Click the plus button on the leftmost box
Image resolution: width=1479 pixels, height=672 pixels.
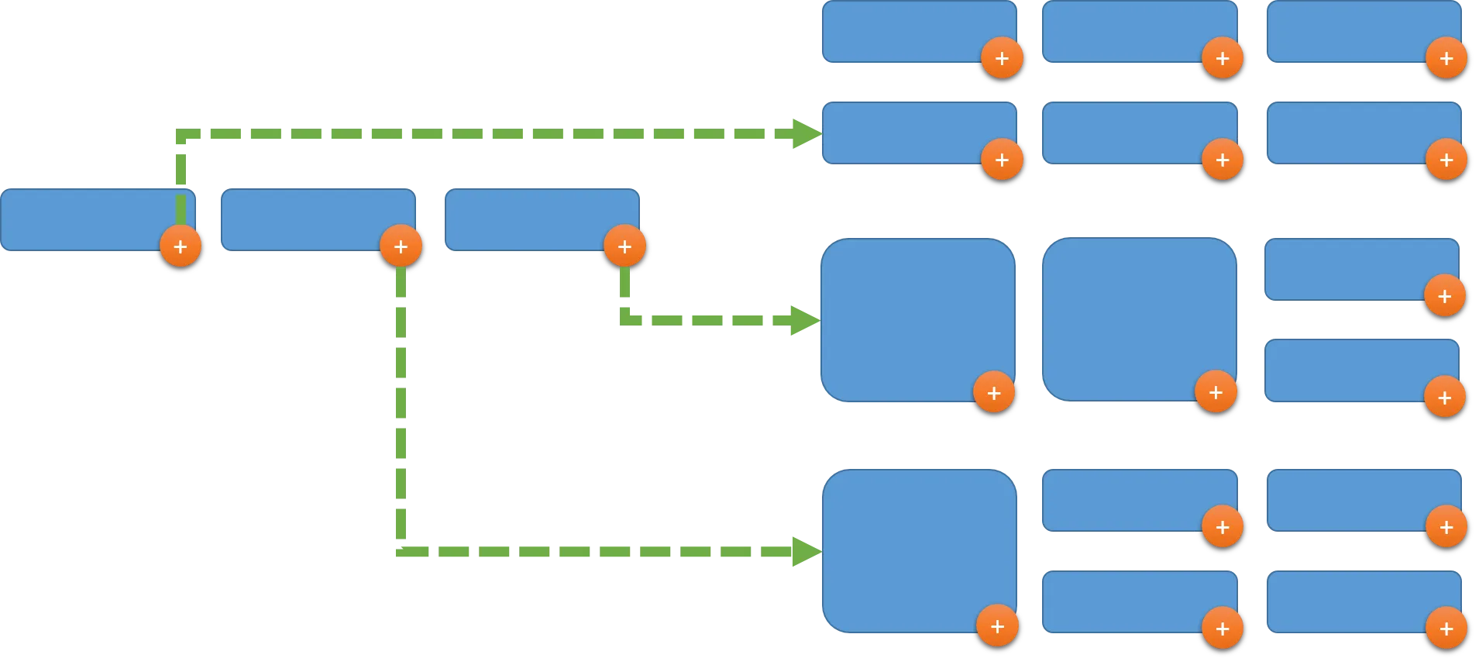181,246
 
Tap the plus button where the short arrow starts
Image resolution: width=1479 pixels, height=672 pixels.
624,246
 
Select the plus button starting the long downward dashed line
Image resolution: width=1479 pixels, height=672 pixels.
401,246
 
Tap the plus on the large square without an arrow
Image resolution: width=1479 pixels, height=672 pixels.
1216,392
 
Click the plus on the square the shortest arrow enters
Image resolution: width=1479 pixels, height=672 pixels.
994,392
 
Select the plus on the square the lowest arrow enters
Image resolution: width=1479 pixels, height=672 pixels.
997,625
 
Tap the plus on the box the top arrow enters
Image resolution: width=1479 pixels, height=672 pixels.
1002,160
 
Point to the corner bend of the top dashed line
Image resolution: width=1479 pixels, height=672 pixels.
181,134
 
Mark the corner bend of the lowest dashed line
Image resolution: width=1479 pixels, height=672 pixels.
400,551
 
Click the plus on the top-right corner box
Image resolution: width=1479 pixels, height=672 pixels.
1446,58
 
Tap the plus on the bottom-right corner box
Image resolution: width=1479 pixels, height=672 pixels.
1446,629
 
